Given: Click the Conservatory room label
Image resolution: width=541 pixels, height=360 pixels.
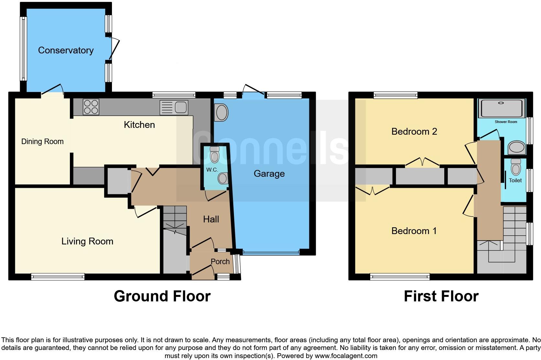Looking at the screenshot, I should pos(66,50).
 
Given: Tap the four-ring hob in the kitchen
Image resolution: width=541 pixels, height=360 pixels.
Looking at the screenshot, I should pos(91,107).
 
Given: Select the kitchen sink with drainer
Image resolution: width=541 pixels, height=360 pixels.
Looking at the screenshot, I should pos(174,107).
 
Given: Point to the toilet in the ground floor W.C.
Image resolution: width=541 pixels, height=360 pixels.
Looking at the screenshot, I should pos(215,155).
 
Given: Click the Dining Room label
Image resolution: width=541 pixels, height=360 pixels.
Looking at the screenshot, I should pos(42,141).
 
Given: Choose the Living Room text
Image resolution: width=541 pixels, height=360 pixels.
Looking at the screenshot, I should pos(87,241).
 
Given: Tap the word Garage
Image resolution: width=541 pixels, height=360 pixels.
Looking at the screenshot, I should pos(269,174).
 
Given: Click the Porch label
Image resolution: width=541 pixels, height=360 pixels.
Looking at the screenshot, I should pos(220,262).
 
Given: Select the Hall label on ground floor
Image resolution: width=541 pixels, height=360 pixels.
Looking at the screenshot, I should pos(211,219).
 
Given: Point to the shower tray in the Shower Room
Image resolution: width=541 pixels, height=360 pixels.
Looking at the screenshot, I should pos(501,108).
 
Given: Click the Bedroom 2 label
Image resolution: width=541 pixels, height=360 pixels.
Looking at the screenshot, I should pos(414,131).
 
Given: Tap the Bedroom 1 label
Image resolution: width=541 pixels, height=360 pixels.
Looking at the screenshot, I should pos(414,231).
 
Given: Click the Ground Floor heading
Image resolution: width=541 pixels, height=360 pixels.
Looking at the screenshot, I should pos(162,296).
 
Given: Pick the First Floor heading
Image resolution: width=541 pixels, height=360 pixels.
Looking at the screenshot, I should pos(441,296).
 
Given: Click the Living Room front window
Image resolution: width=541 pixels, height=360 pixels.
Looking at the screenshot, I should pos(58,276).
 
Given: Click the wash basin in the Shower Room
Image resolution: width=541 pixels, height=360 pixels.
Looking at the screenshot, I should pos(516,148).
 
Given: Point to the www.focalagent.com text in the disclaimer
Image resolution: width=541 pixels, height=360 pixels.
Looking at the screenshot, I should pos(346,356).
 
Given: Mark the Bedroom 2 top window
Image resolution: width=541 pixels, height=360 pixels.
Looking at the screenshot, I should pos(395,95).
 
